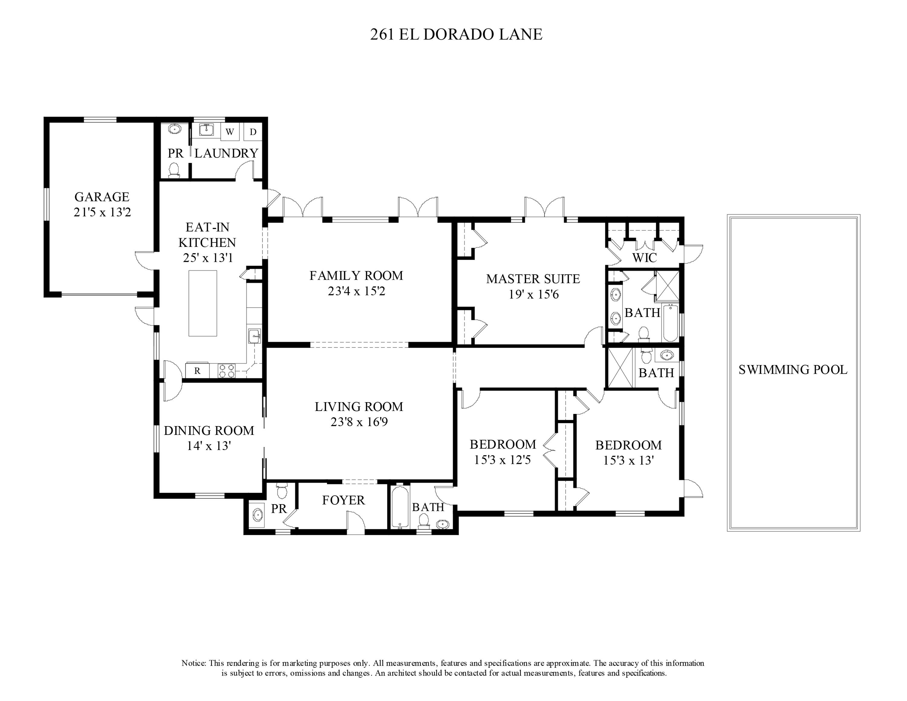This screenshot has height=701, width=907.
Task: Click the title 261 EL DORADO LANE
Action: pos(456,34)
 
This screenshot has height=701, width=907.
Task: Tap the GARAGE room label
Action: pos(102,197)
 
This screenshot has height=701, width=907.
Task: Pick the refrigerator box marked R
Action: pos(197,371)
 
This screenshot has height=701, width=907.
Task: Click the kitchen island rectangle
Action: pos(203,303)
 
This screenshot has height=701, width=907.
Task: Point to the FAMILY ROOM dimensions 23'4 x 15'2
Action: pos(356,292)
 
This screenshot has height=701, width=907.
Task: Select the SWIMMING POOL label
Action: pos(792,370)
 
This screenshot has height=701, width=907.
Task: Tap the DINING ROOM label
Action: pos(209,431)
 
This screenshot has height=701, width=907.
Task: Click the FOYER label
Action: pos(343,500)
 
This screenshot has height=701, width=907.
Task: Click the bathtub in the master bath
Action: pos(670,323)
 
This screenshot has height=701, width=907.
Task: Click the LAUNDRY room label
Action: pos(226,154)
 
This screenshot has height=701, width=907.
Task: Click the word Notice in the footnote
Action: pos(193,663)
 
